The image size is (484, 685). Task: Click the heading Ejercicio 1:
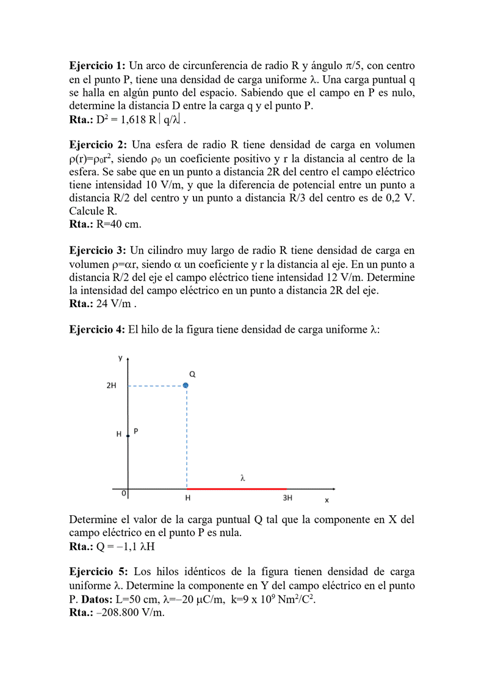tap(98, 65)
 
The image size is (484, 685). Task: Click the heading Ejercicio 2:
tap(98, 145)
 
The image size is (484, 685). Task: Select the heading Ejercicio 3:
tap(98, 250)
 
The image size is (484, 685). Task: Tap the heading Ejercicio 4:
tap(98, 330)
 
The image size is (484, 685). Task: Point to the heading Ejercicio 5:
tap(98, 571)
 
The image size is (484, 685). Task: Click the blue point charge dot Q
tap(186, 385)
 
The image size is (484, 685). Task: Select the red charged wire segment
tap(237, 489)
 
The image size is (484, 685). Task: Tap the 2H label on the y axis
tap(112, 386)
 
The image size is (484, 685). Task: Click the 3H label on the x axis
tap(287, 498)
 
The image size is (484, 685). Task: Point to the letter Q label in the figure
tap(192, 373)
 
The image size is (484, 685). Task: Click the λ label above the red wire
tap(243, 479)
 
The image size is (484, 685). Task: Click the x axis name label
tap(327, 500)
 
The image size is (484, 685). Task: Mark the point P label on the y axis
tap(135, 431)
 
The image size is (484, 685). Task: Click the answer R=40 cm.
tap(119, 224)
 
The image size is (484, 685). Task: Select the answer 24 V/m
tap(116, 303)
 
